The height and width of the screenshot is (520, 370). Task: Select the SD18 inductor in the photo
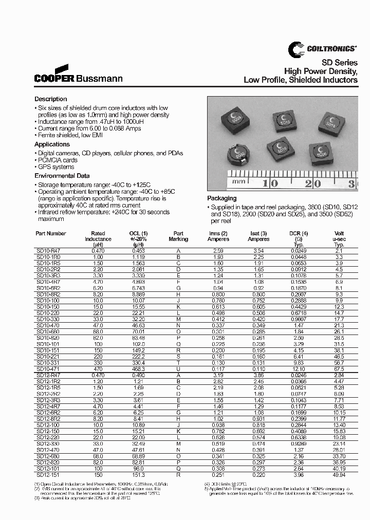330,122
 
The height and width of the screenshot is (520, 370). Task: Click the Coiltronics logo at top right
321,48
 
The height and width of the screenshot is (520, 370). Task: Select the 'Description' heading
50,99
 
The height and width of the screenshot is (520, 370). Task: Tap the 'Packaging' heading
221,198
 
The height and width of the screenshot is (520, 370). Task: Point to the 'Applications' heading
52,145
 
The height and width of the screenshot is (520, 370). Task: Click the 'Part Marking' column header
178,236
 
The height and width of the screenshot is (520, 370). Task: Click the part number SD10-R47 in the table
48,250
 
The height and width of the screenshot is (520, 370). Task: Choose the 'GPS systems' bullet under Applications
56,167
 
